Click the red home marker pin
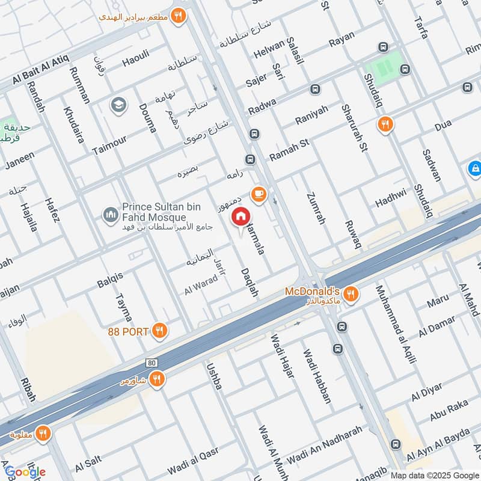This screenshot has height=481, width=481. point(241,216)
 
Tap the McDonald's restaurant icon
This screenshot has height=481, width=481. point(352,294)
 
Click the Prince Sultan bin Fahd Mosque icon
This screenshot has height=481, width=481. point(110,215)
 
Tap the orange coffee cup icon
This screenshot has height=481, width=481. point(259,194)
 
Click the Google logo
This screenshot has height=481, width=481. point(25,471)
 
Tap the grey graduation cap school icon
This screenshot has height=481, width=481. point(118,105)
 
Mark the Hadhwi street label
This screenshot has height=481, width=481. point(391,201)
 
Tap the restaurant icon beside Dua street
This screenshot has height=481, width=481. point(385,124)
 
